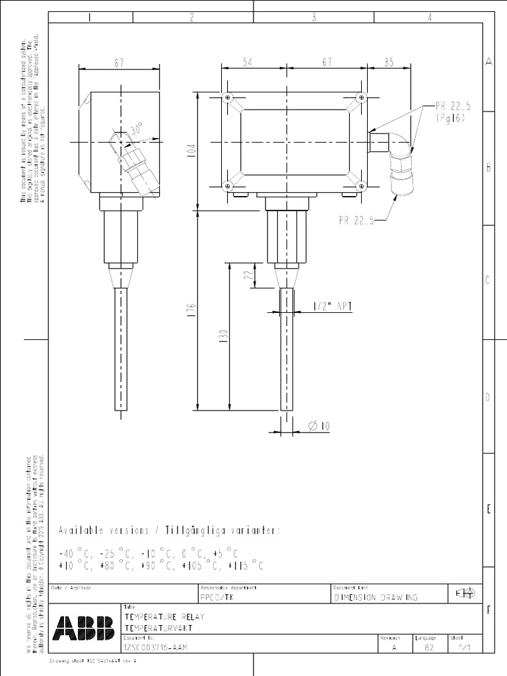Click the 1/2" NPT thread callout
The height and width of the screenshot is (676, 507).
(x=331, y=306)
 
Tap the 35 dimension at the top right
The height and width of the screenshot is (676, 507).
(x=388, y=62)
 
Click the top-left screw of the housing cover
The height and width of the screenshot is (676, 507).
(x=228, y=98)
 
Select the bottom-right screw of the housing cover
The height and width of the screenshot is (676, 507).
(x=360, y=185)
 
